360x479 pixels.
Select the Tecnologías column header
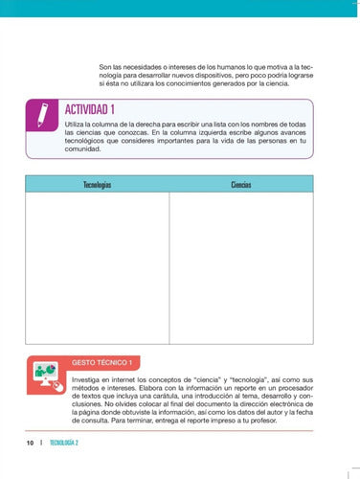(97, 184)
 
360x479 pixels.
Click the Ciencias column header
(240, 184)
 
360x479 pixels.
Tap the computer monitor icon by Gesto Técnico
(44, 373)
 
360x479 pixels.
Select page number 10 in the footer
(31, 443)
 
